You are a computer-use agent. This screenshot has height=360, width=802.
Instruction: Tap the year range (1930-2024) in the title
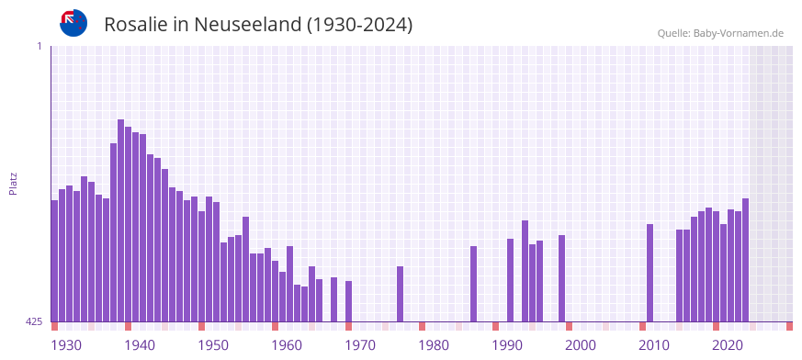(360, 25)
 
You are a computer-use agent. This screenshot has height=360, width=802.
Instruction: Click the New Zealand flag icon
(73, 23)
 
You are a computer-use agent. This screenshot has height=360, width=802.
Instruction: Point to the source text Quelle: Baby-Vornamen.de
(720, 33)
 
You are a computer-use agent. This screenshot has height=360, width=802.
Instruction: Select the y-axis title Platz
(13, 183)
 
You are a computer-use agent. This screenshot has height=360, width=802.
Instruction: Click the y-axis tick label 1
(39, 46)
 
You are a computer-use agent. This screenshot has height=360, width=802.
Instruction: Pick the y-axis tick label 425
(34, 321)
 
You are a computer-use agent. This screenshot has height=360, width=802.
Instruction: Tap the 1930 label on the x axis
(66, 345)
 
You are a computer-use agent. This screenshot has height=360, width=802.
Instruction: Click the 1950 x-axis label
(213, 345)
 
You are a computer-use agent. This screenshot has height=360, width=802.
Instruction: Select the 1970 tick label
(360, 345)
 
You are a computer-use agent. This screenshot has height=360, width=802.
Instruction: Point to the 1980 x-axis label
(434, 345)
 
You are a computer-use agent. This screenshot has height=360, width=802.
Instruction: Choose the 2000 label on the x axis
(581, 345)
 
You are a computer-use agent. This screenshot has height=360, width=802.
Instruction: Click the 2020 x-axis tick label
(728, 345)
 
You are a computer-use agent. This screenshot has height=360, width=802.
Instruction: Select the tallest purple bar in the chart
(120, 220)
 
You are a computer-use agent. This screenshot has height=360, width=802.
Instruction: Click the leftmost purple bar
(54, 261)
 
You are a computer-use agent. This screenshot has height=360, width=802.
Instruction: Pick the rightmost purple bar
(745, 260)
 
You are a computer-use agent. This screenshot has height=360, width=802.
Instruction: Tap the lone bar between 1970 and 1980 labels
(400, 294)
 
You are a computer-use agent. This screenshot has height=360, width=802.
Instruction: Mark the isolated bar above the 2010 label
(650, 273)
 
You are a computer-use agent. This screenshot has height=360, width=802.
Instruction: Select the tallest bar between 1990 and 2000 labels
(525, 271)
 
